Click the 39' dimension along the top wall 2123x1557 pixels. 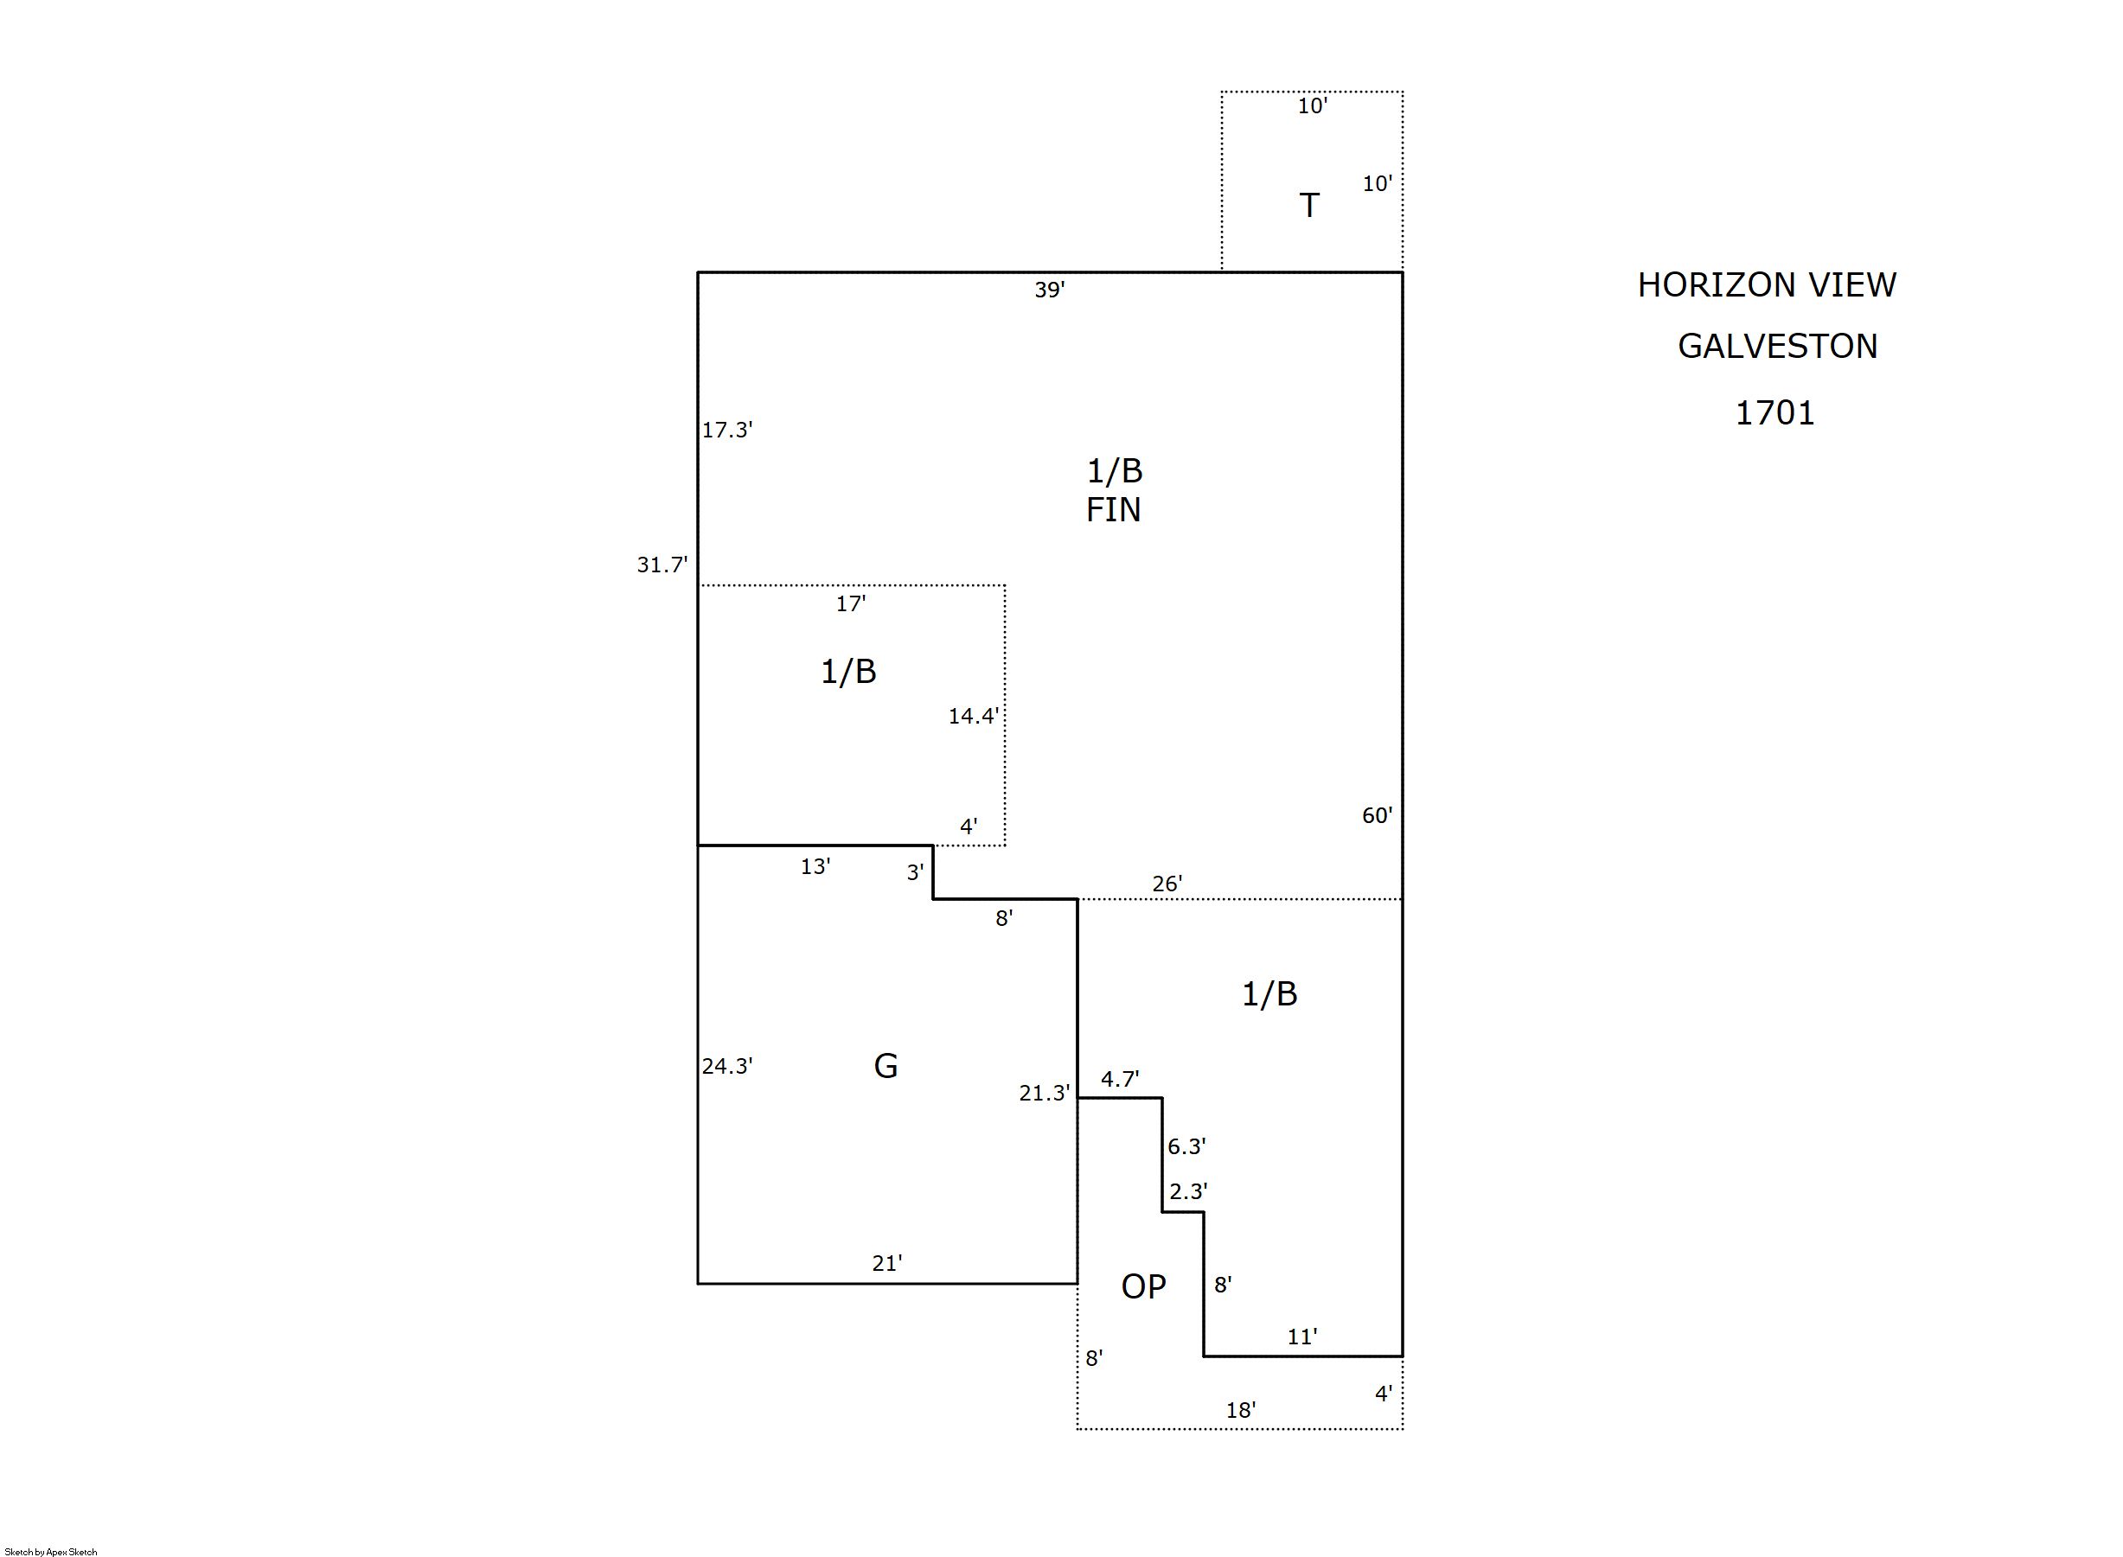pyautogui.click(x=1049, y=290)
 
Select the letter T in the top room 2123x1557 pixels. pyautogui.click(x=1308, y=205)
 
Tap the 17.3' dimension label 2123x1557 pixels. pyautogui.click(x=726, y=430)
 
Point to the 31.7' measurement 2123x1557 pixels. pyautogui.click(x=662, y=565)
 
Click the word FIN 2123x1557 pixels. pyautogui.click(x=1113, y=510)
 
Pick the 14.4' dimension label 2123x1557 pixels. pyautogui.click(x=973, y=717)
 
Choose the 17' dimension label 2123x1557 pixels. pyautogui.click(x=850, y=604)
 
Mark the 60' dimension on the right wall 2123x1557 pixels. pyautogui.click(x=1377, y=815)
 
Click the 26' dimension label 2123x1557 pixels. pyautogui.click(x=1167, y=884)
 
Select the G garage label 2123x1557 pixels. pyautogui.click(x=886, y=1066)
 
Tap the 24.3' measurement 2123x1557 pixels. pyautogui.click(x=726, y=1066)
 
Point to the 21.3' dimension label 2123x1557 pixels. pyautogui.click(x=1045, y=1094)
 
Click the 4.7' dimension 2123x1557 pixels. pyautogui.click(x=1120, y=1079)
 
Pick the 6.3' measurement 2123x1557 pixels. pyautogui.click(x=1186, y=1146)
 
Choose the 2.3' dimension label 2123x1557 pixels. pyautogui.click(x=1188, y=1191)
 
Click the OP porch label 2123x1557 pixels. pyautogui.click(x=1143, y=1286)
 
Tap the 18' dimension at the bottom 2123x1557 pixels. pyautogui.click(x=1241, y=1410)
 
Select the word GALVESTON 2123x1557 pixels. pyautogui.click(x=1778, y=346)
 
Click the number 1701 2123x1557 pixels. pyautogui.click(x=1775, y=413)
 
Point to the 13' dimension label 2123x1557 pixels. pyautogui.click(x=815, y=866)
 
